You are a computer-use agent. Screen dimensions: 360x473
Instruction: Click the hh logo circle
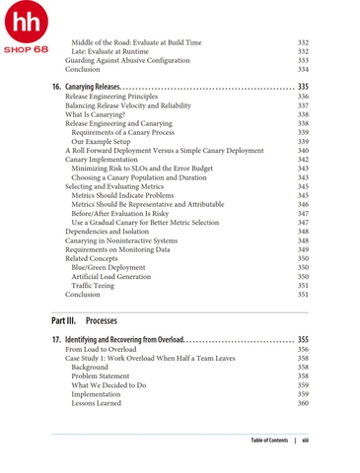tap(25, 23)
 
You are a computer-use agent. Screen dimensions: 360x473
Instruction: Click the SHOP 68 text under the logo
tap(26, 48)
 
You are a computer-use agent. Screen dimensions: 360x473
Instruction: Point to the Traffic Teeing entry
tap(97, 286)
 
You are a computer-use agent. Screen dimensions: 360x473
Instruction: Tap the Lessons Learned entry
tap(99, 403)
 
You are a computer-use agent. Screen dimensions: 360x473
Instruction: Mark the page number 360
tap(303, 403)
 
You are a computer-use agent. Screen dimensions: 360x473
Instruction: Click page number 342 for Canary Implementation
tap(303, 160)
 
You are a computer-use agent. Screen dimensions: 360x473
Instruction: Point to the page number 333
tap(303, 60)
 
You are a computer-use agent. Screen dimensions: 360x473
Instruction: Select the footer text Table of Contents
tap(269, 439)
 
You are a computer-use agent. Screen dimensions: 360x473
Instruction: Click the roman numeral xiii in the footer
tap(306, 439)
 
